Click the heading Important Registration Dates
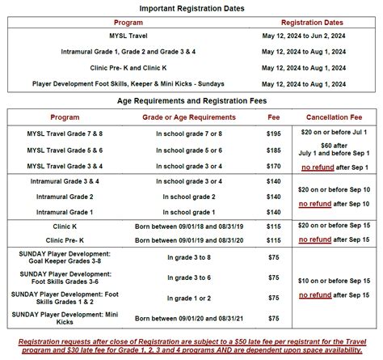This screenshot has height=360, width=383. click(x=191, y=8)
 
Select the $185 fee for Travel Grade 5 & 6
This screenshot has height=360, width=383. click(x=274, y=150)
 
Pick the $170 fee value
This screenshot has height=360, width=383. click(x=274, y=166)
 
